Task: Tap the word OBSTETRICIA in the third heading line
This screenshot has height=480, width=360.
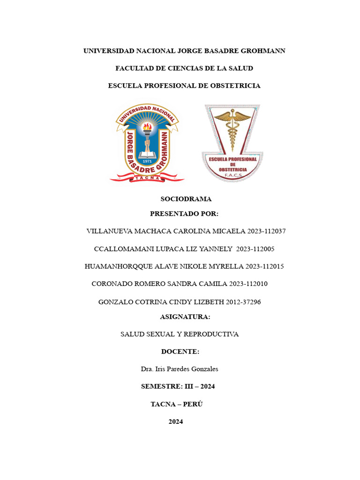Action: (x=235, y=86)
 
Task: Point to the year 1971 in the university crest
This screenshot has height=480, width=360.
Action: (x=147, y=161)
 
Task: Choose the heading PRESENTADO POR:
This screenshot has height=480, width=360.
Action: (x=184, y=214)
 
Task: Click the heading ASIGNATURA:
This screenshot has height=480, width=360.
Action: (x=185, y=317)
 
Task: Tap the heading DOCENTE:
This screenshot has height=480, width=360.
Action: (x=180, y=352)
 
